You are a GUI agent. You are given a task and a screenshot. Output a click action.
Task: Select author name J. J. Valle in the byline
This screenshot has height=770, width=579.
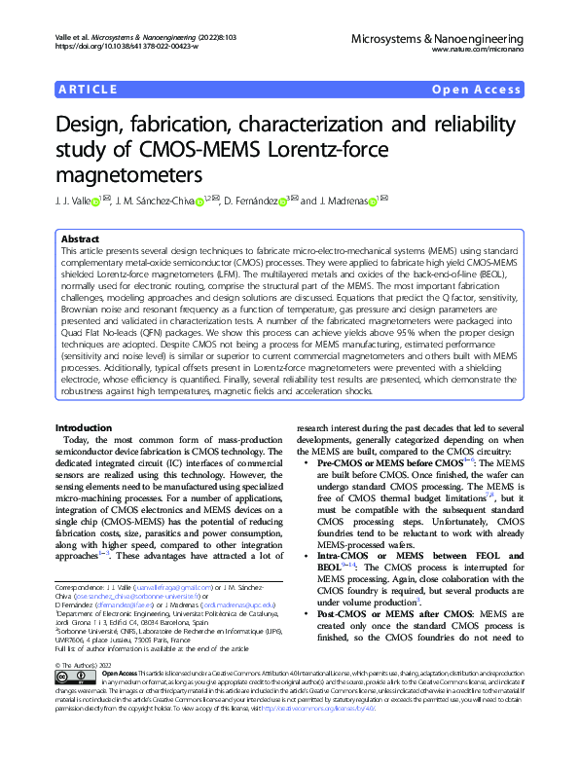(74, 202)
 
